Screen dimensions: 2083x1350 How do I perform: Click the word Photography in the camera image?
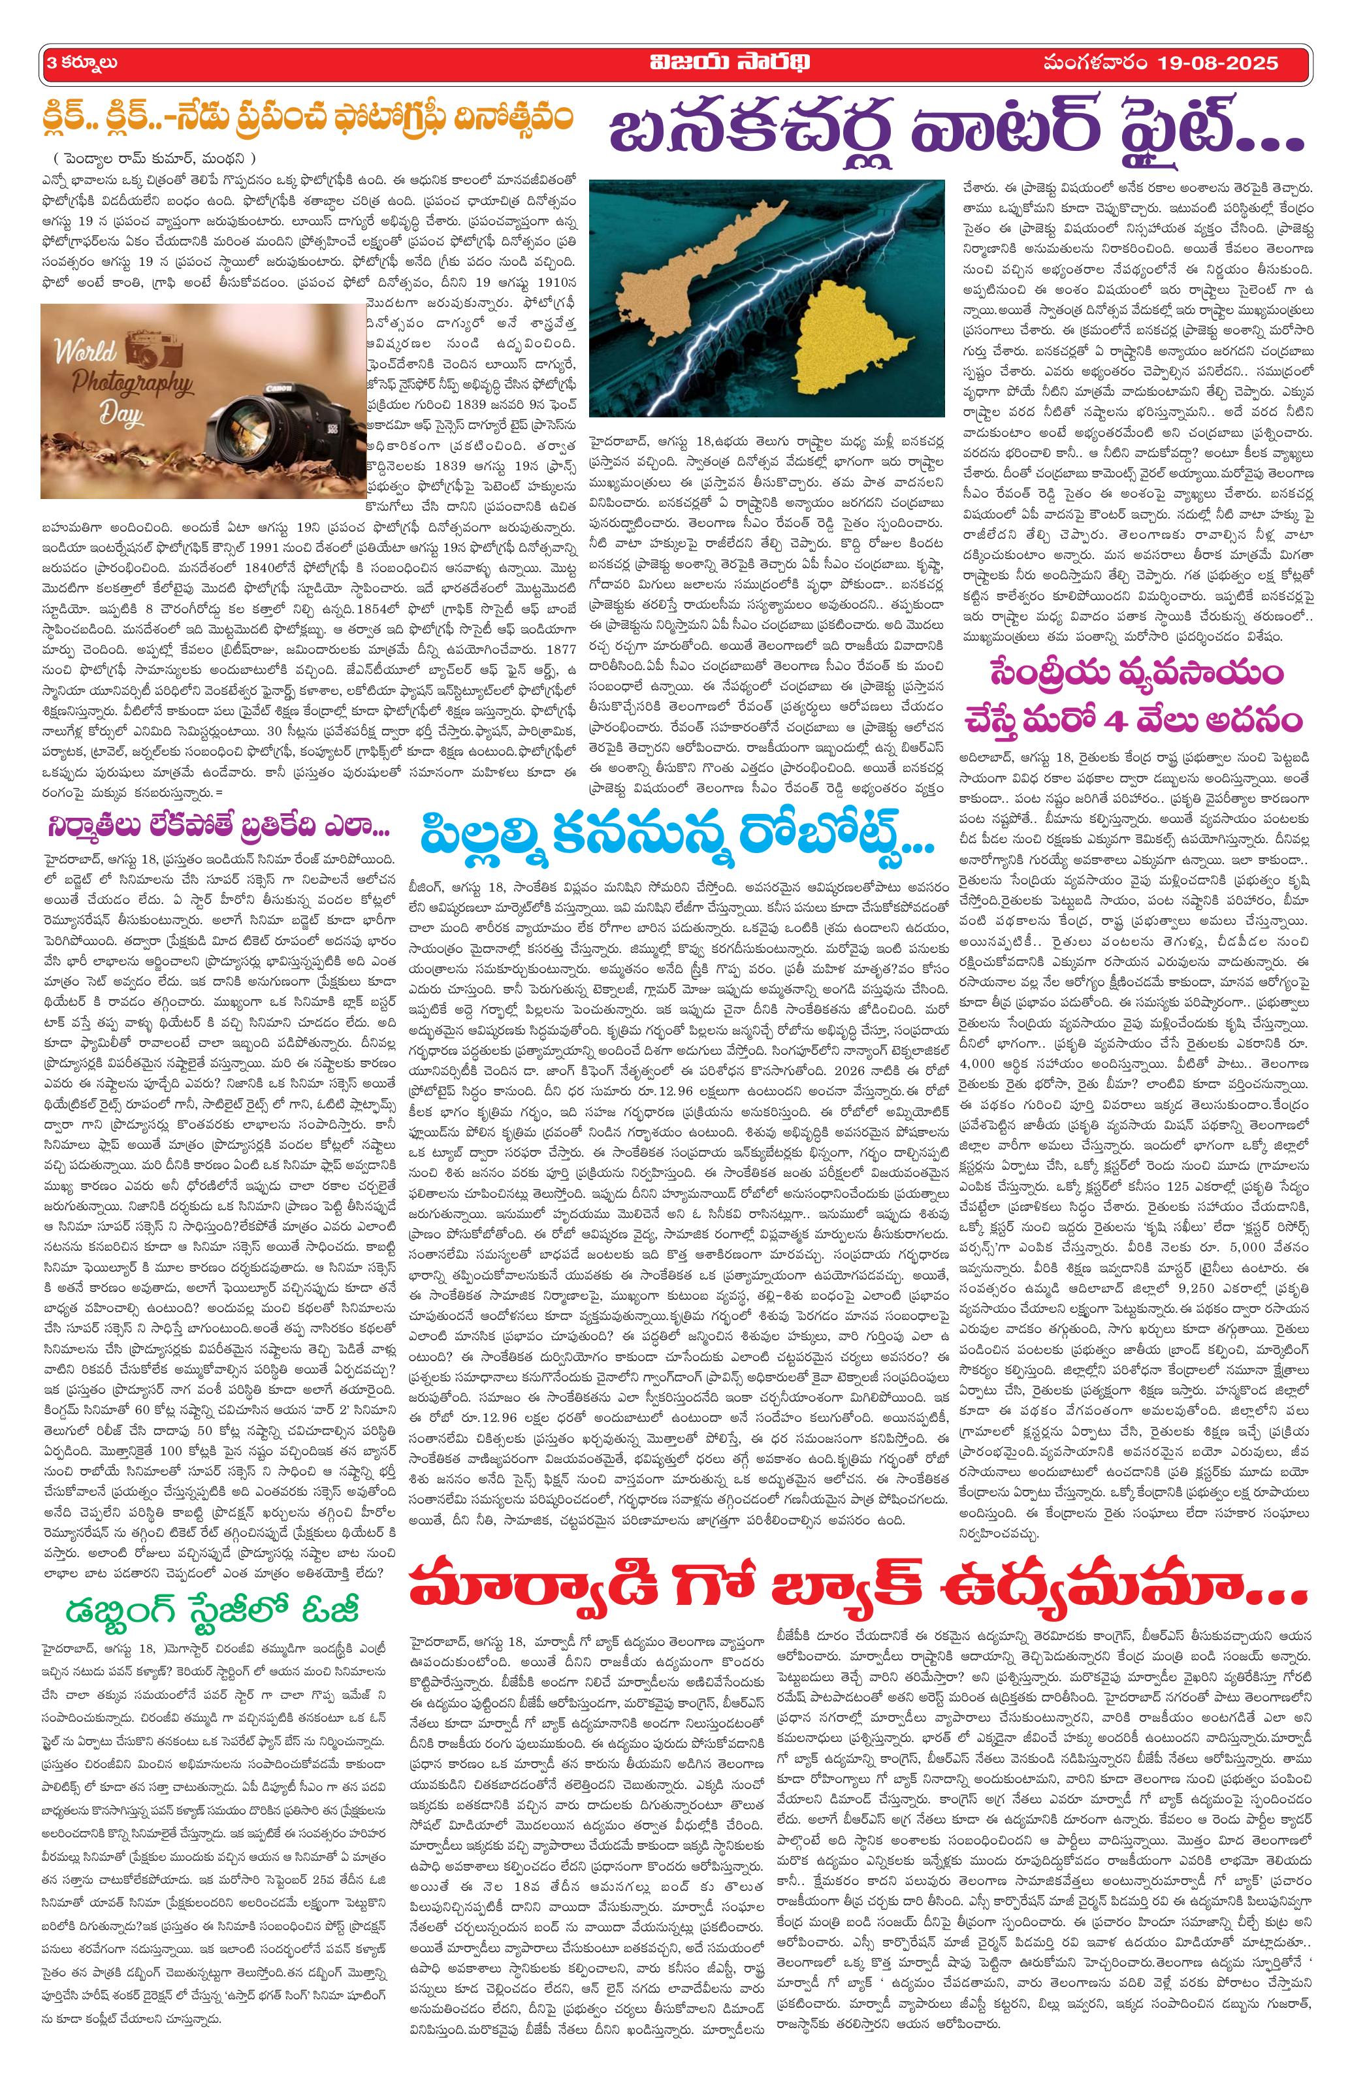point(123,385)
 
